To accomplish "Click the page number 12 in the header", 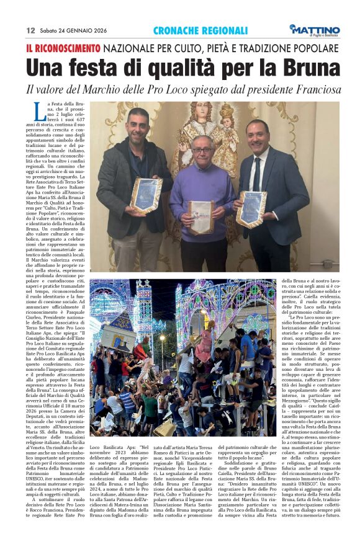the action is point(30,30).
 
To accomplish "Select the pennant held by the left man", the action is point(146,194).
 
